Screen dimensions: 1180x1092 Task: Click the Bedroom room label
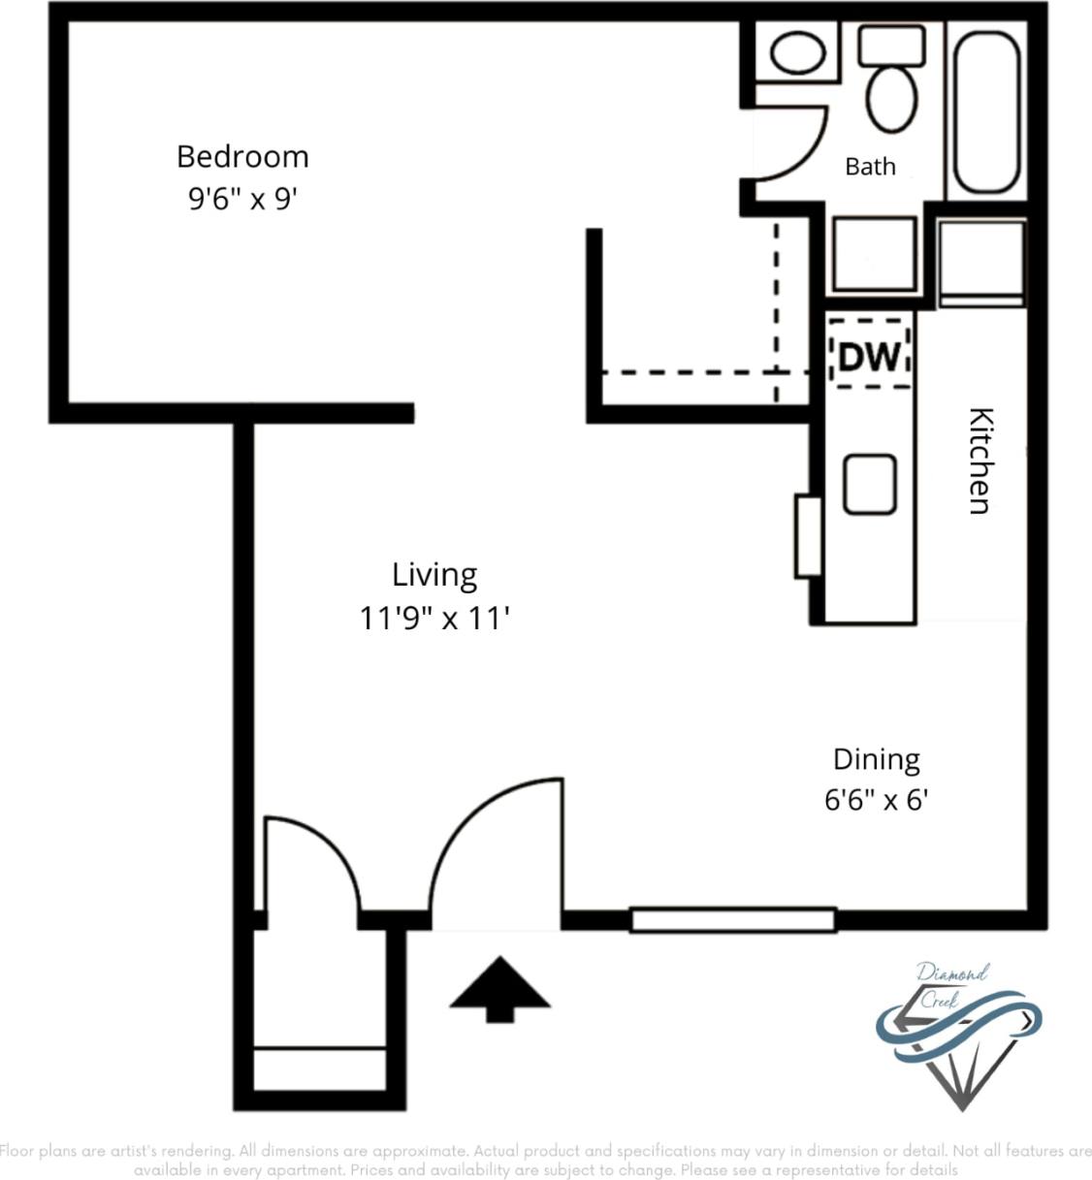tap(242, 156)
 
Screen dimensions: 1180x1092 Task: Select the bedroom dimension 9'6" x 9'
tap(242, 199)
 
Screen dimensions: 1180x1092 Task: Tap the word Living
tap(434, 575)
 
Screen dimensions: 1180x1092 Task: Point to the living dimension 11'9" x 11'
tap(434, 618)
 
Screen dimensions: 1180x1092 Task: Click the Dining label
tap(876, 759)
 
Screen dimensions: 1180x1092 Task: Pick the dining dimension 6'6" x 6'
tap(876, 801)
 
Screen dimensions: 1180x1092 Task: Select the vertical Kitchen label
tap(981, 461)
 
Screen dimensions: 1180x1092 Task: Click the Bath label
tap(870, 167)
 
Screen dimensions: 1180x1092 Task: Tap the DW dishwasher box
tap(870, 356)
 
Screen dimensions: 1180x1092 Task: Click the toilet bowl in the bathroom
tap(892, 97)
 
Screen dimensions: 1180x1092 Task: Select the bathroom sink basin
tap(798, 53)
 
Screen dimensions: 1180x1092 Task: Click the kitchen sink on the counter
tap(869, 484)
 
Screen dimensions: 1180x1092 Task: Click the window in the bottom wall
tap(733, 919)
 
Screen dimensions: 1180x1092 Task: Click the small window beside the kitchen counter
tap(807, 536)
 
